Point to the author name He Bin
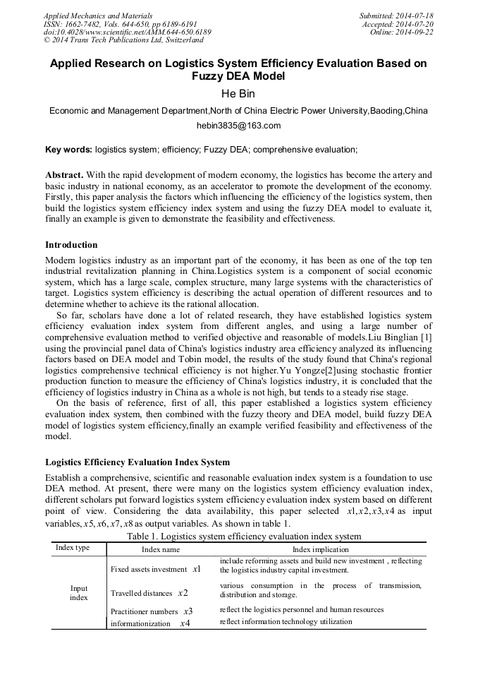click(x=238, y=92)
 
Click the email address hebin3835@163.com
click(x=238, y=126)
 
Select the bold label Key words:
click(x=68, y=150)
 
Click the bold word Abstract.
click(x=64, y=174)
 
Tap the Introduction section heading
click(x=71, y=245)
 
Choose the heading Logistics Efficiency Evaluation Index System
click(x=137, y=462)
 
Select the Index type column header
click(x=73, y=549)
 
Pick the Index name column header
click(x=161, y=549)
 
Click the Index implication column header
click(x=321, y=549)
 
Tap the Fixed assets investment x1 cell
click(x=156, y=569)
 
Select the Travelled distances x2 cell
click(x=149, y=593)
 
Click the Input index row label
click(x=79, y=593)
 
